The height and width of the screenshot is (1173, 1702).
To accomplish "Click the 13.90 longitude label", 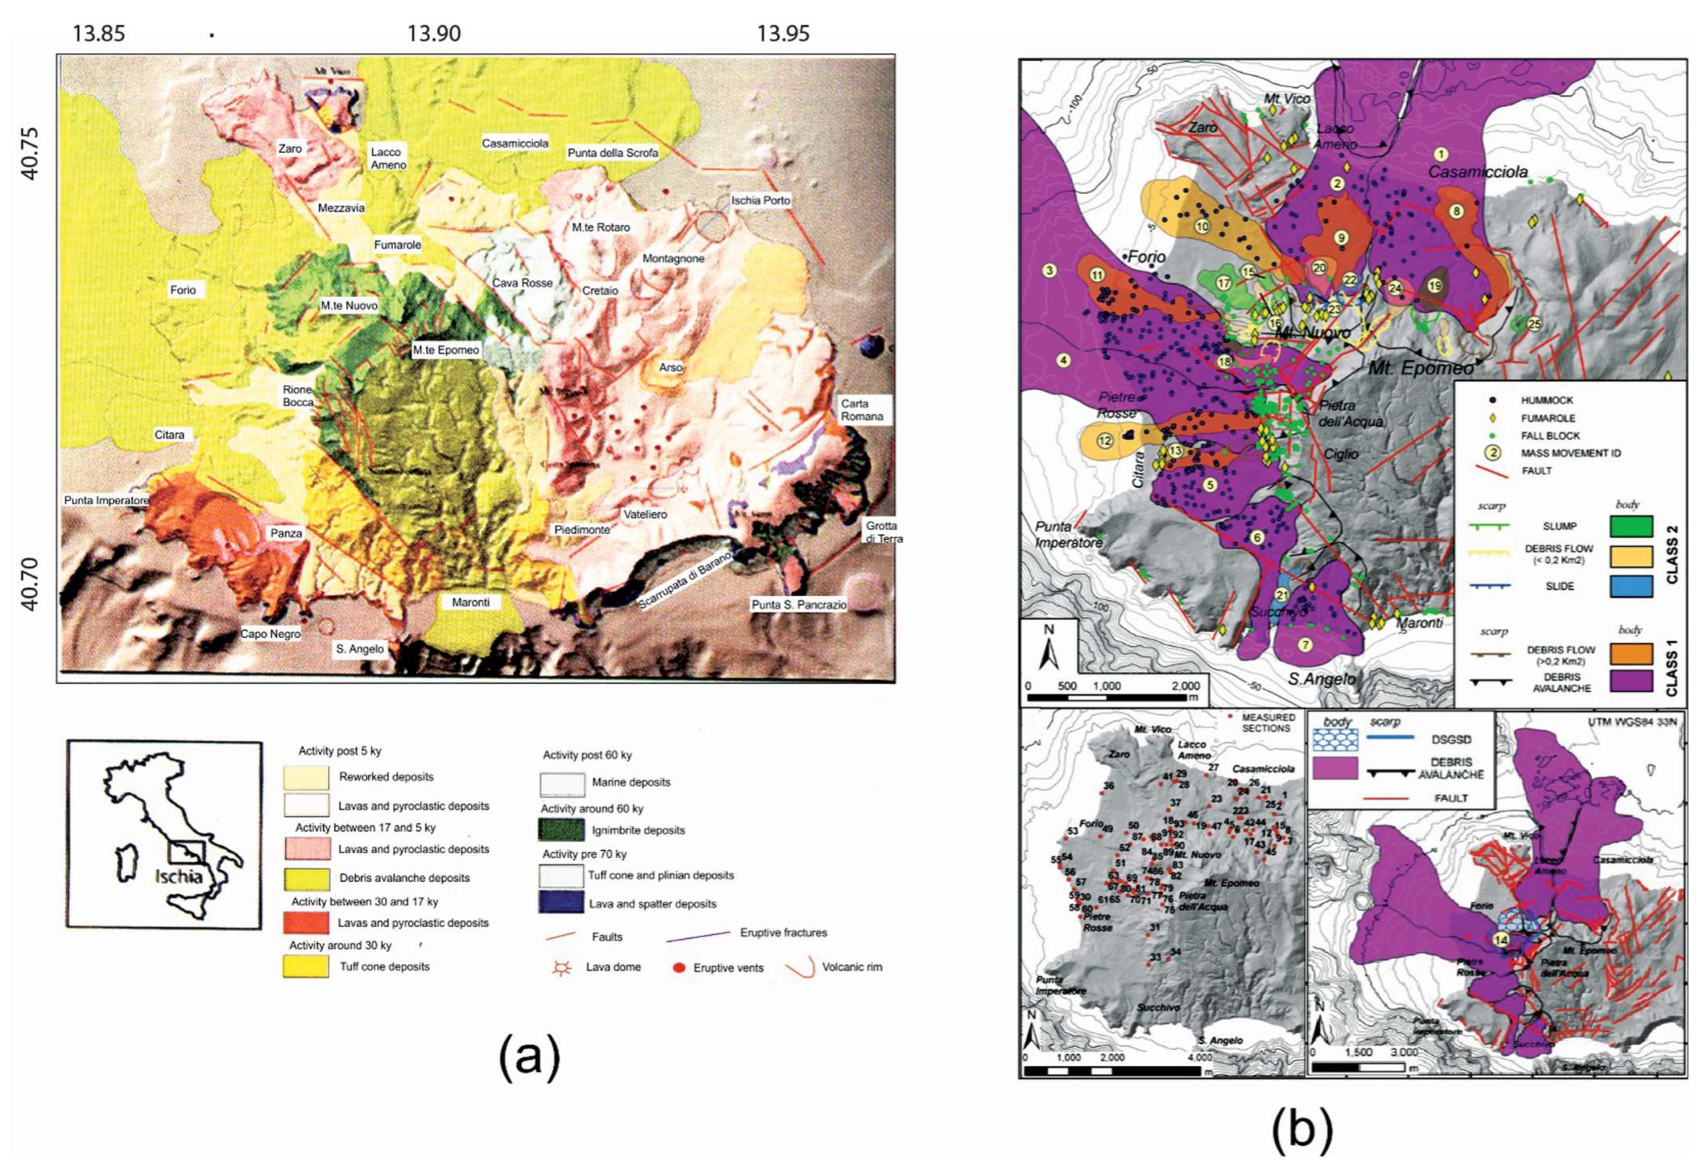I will click(x=434, y=34).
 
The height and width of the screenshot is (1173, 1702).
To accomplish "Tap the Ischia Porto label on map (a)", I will click(x=760, y=200).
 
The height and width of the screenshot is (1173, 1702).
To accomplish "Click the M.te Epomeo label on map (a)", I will click(x=446, y=351).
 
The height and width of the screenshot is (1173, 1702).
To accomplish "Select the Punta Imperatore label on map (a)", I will click(x=106, y=501).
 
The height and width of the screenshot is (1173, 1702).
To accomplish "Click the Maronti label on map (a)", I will click(x=470, y=602).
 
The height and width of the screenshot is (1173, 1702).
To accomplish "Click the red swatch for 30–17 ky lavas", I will click(x=306, y=922).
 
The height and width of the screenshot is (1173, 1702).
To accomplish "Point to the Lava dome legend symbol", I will click(x=562, y=968).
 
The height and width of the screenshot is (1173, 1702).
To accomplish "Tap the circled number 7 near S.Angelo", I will click(x=1305, y=645).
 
